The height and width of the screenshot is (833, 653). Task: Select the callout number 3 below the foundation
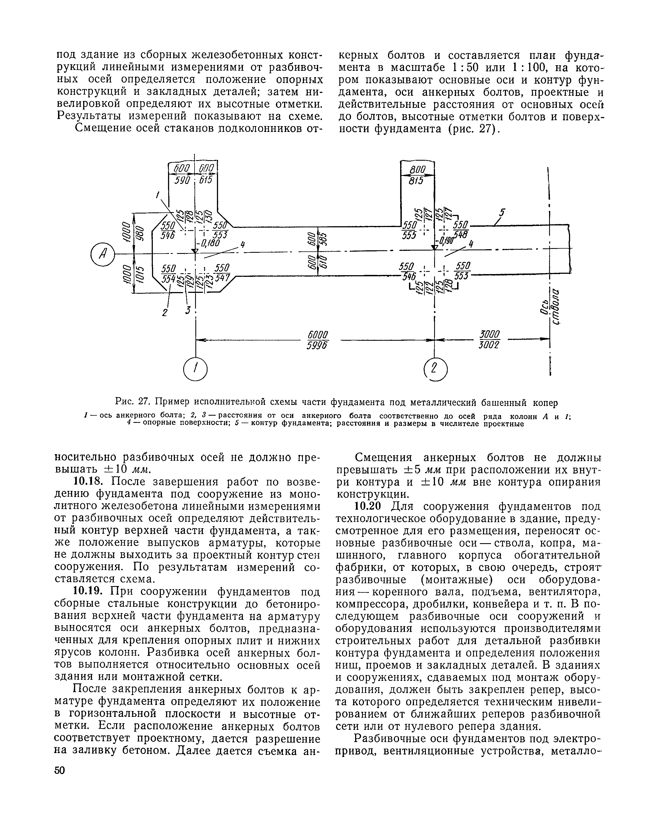[x=187, y=310]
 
